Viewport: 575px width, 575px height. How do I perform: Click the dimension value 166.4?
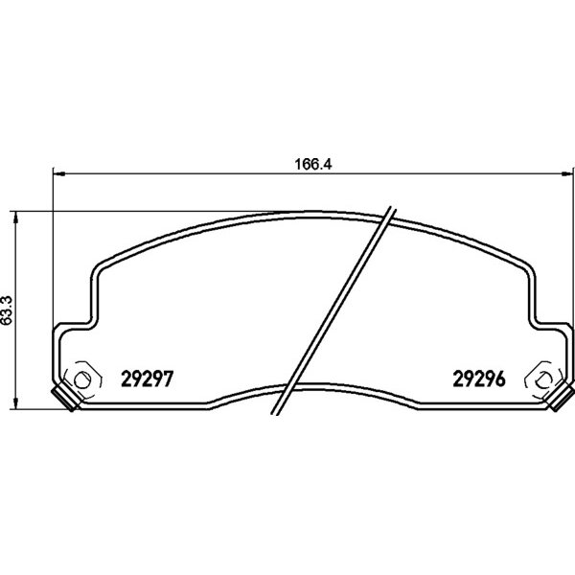click(313, 164)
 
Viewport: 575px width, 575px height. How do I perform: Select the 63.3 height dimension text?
click(7, 310)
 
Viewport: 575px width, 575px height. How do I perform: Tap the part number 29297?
click(147, 379)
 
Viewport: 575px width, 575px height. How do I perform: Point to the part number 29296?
click(479, 379)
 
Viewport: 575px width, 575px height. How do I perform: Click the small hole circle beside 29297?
click(82, 379)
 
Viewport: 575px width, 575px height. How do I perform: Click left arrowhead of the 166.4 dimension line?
click(59, 173)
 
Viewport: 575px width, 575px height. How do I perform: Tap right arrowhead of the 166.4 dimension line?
click(567, 173)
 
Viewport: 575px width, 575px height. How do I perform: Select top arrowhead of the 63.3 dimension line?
click(15, 218)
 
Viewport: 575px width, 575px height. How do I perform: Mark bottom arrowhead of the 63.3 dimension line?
click(15, 403)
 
